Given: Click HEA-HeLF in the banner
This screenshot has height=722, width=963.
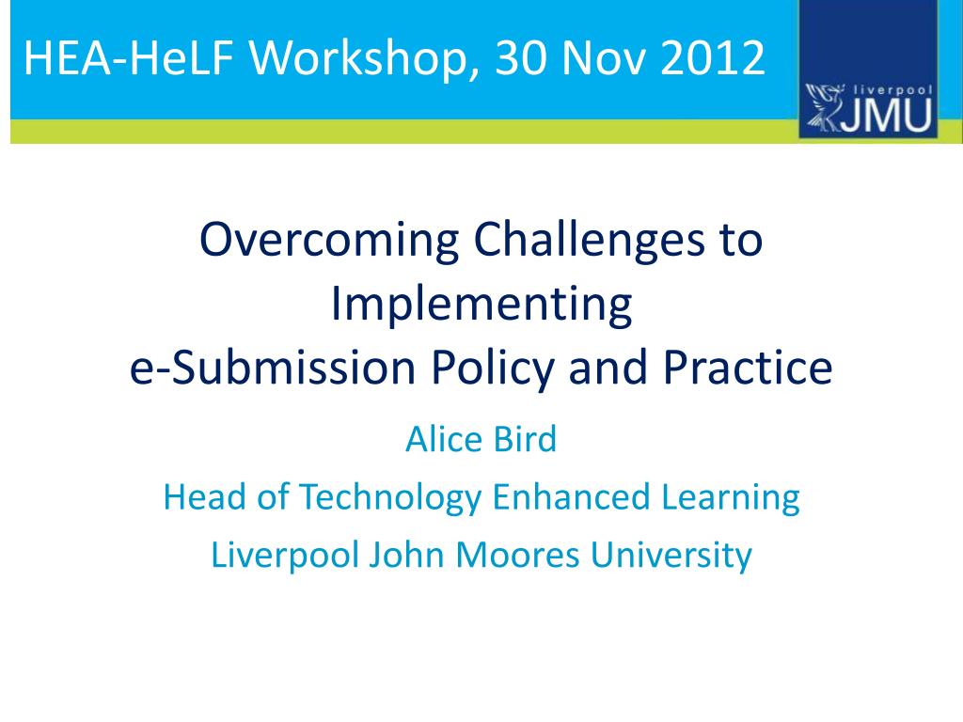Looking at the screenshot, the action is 129,57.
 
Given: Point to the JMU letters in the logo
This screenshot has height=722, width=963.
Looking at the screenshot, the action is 886,115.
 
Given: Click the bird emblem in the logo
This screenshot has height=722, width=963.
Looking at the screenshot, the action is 823,107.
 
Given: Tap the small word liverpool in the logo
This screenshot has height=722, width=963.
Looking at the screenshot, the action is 893,90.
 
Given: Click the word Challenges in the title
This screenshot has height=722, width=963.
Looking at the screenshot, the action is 589,240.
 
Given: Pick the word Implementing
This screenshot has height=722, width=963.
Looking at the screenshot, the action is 481,305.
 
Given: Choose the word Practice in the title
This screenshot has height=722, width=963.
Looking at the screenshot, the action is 748,368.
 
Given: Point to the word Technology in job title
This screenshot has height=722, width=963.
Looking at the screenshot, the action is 390,498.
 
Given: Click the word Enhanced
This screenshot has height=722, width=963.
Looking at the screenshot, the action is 571,496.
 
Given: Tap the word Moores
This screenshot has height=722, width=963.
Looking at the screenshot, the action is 517,555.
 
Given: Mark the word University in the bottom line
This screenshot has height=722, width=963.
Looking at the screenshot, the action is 671,557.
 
